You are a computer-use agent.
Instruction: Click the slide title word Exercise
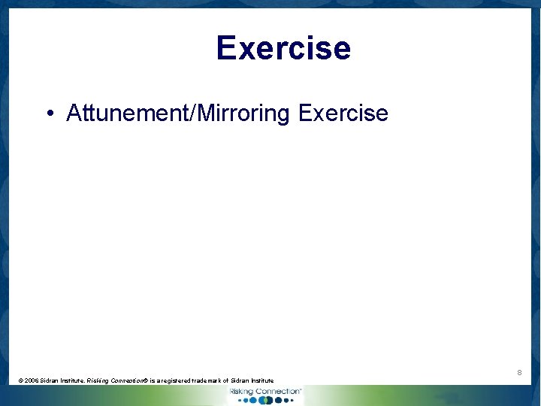click(x=283, y=48)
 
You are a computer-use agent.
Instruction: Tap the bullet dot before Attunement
click(x=49, y=114)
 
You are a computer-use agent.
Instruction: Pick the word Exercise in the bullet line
click(x=343, y=114)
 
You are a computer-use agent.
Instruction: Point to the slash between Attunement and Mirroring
click(x=195, y=114)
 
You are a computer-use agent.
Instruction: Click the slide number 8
click(x=519, y=373)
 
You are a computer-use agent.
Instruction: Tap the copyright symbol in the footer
click(x=21, y=381)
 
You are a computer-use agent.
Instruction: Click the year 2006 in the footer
click(x=32, y=381)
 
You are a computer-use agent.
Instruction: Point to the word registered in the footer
click(x=183, y=381)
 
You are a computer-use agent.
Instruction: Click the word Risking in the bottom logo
click(x=242, y=392)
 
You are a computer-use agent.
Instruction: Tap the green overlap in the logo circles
click(x=264, y=401)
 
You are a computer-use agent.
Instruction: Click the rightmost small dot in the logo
click(x=290, y=401)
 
